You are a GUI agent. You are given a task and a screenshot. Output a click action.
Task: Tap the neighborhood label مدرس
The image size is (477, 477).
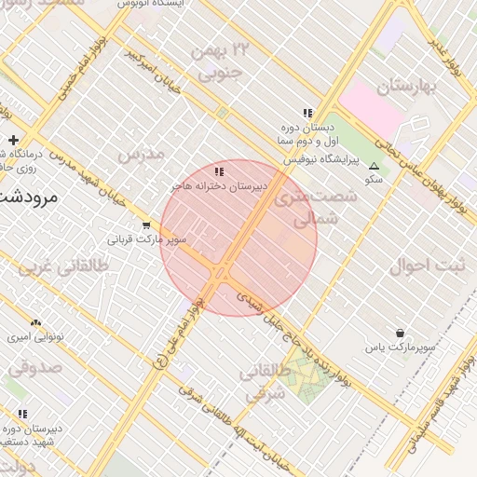[x=142, y=153]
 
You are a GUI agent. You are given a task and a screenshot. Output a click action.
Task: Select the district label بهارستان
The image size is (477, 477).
[x=408, y=88]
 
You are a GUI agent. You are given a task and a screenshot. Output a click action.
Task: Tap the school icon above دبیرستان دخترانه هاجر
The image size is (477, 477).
[x=219, y=172]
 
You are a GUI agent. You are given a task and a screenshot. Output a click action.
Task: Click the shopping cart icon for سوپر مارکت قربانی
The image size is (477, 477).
[x=146, y=225]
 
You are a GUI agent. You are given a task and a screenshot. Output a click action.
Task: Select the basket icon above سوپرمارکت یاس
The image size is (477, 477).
[x=401, y=333]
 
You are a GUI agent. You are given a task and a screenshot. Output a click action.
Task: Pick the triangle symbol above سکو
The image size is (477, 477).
[x=375, y=166]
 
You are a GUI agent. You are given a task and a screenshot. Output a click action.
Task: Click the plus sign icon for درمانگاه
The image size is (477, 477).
[x=13, y=141]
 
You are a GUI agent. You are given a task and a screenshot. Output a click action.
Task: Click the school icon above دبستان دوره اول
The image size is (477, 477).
[x=308, y=113]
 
